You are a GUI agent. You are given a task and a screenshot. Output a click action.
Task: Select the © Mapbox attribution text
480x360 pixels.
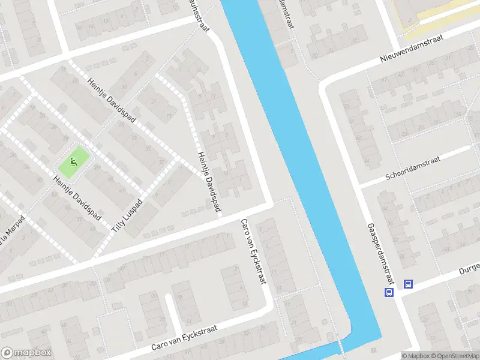point(415,356)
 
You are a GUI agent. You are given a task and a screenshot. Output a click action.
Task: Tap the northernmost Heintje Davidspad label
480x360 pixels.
point(111,99)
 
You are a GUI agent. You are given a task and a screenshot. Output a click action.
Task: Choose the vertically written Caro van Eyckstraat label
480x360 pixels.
point(252,252)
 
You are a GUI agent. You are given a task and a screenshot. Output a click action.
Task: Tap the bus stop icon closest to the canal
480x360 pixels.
point(388,293)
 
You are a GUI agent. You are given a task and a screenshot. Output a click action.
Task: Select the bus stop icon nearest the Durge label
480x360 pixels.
point(408,284)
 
